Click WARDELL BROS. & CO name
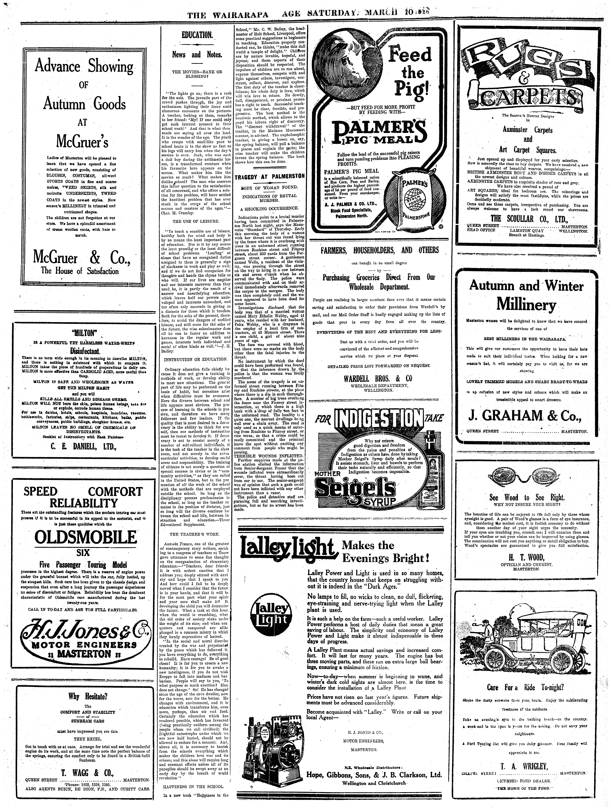point(377,378)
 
